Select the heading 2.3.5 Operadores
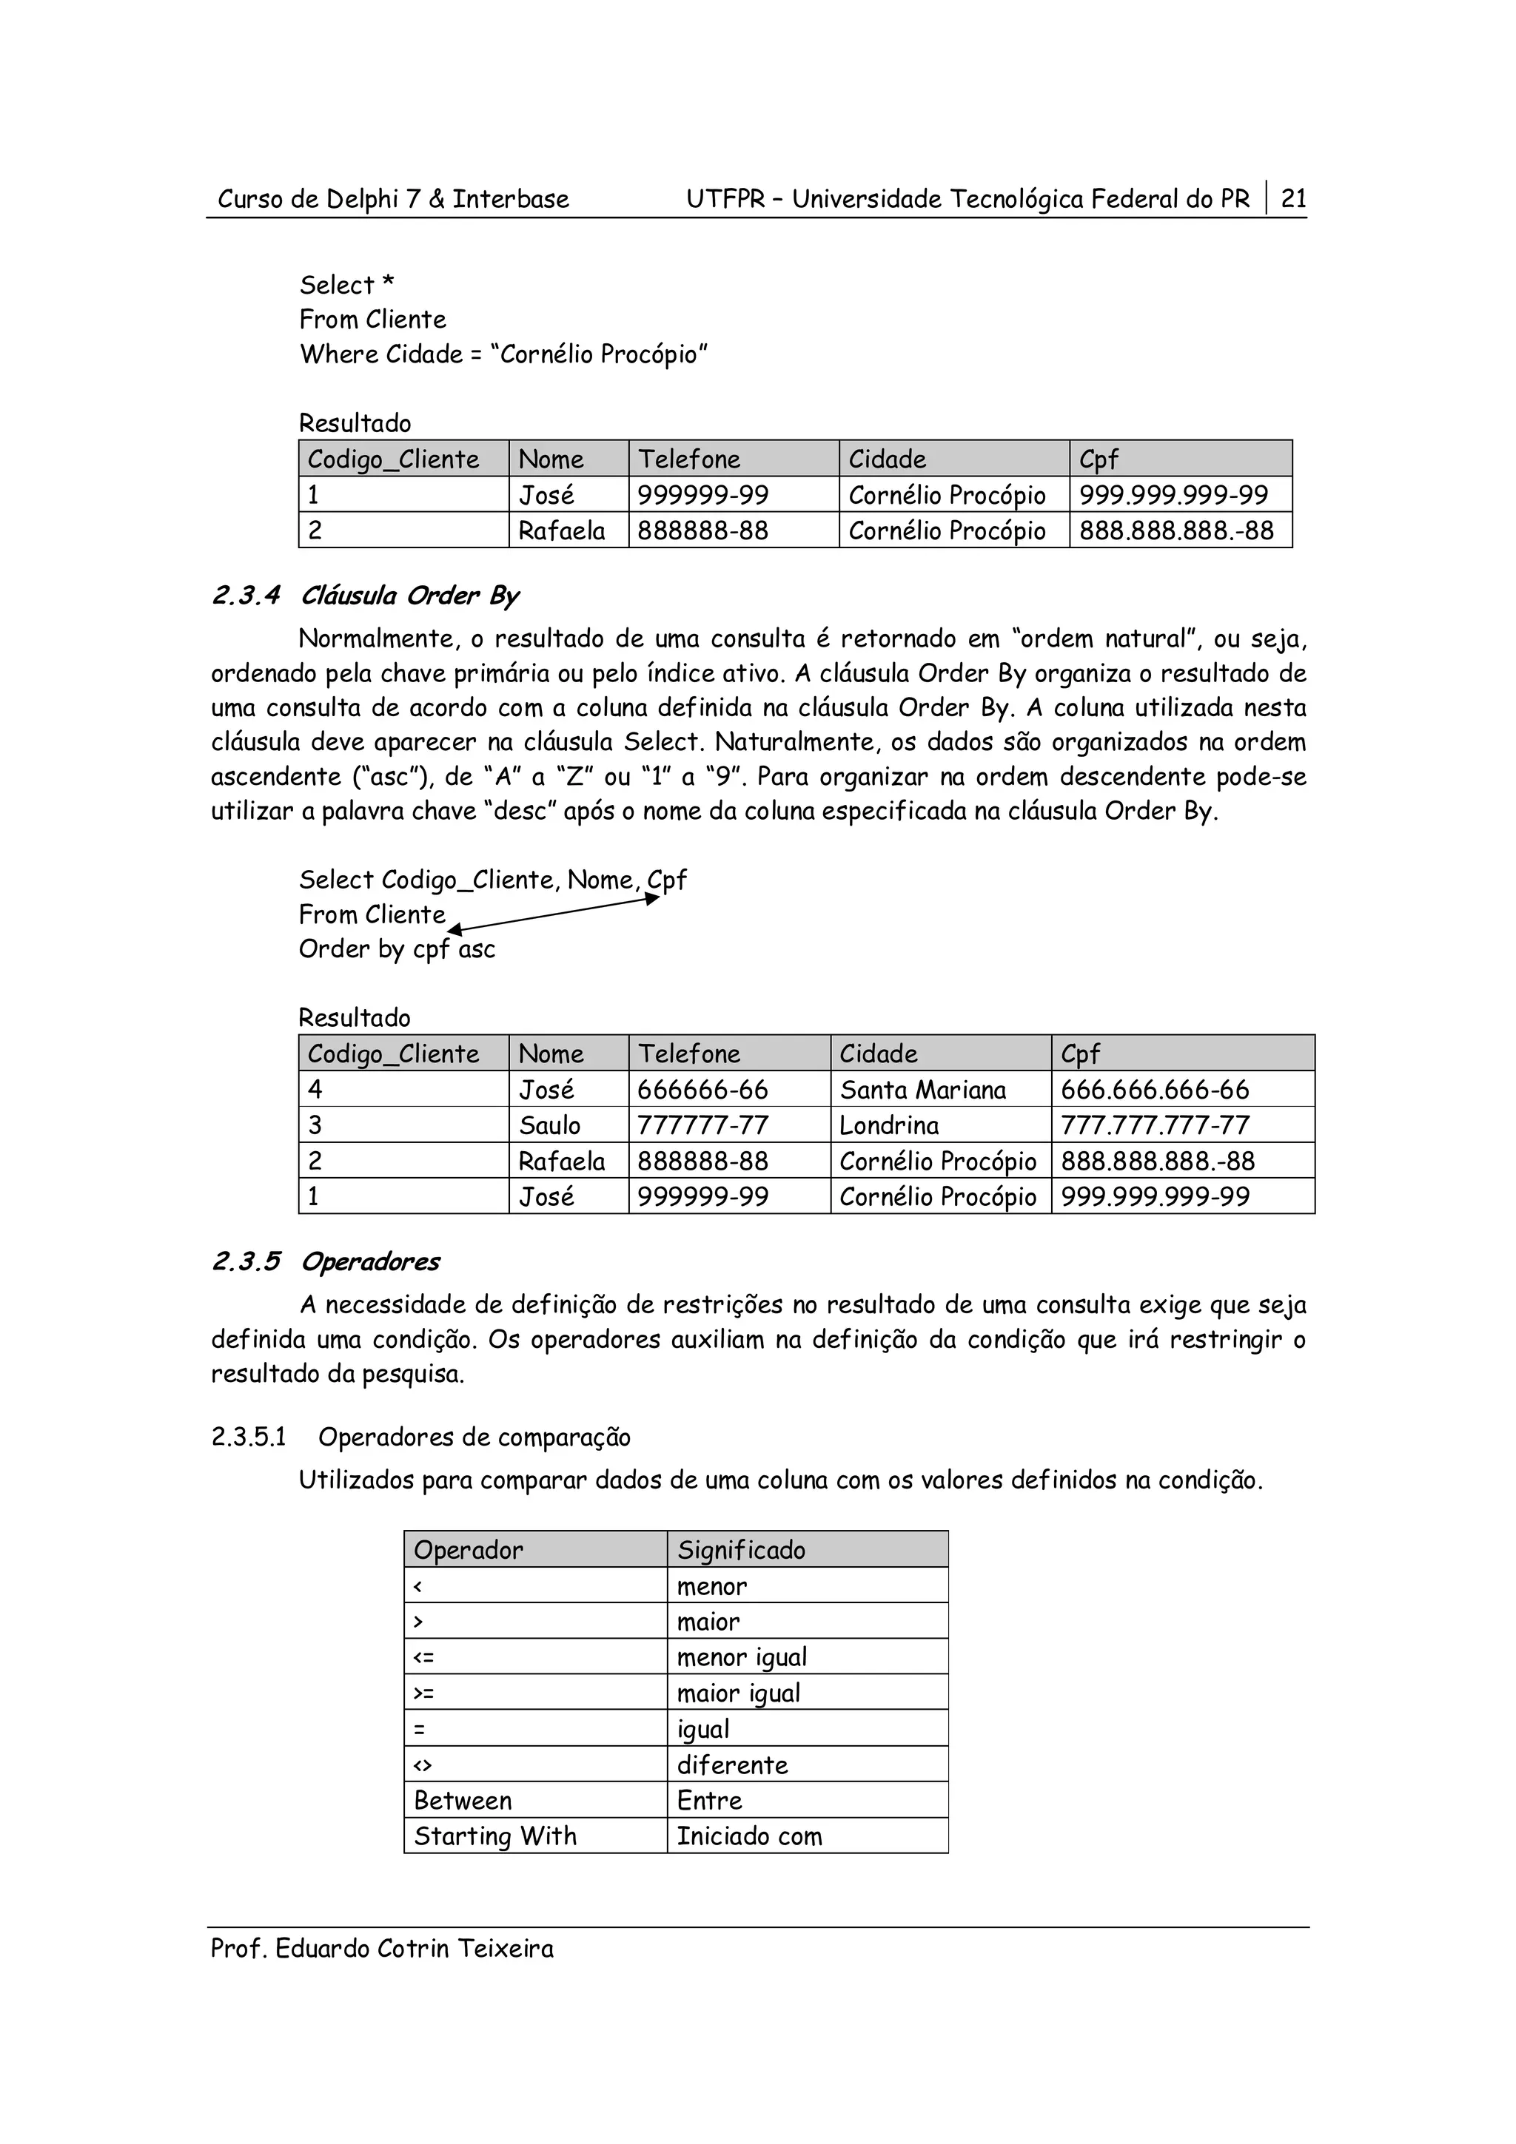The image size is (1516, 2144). pyautogui.click(x=325, y=1261)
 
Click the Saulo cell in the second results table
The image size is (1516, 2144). pyautogui.click(x=550, y=1125)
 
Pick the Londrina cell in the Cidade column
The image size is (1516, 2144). pyautogui.click(x=888, y=1125)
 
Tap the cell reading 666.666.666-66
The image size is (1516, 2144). pyautogui.click(x=1155, y=1090)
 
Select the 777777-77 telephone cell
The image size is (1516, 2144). pyautogui.click(x=694, y=1125)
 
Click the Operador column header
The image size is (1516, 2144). pyautogui.click(x=468, y=1550)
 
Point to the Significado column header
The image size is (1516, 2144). pyautogui.click(x=741, y=1550)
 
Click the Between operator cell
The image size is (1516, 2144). pyautogui.click(x=463, y=1801)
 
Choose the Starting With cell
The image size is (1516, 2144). pyautogui.click(x=495, y=1835)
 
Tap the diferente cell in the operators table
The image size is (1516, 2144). pyautogui.click(x=732, y=1765)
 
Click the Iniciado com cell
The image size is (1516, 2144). pyautogui.click(x=749, y=1835)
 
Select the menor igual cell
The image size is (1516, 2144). pyautogui.click(x=742, y=1657)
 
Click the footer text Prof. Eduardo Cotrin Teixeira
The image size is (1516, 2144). pyautogui.click(x=381, y=1949)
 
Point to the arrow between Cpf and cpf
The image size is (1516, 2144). pyautogui.click(x=554, y=912)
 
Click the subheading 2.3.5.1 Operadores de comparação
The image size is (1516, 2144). pyautogui.click(x=420, y=1437)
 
